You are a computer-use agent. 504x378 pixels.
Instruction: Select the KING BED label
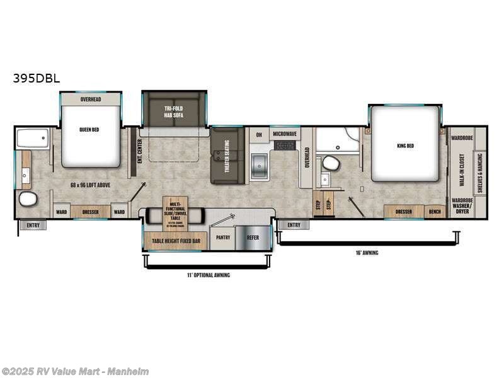click(x=405, y=146)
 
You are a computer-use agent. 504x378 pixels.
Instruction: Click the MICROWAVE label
click(x=285, y=134)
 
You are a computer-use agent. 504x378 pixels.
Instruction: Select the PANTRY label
click(x=222, y=238)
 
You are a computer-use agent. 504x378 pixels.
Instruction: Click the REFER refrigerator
click(x=253, y=238)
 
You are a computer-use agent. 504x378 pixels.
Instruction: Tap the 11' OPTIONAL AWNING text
click(x=208, y=275)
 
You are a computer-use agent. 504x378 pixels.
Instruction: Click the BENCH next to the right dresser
click(x=435, y=212)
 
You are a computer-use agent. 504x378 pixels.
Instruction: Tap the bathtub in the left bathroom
click(x=33, y=138)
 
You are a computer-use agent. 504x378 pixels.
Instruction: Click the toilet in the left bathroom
click(x=28, y=200)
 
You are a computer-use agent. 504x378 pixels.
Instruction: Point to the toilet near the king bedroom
click(x=331, y=163)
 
